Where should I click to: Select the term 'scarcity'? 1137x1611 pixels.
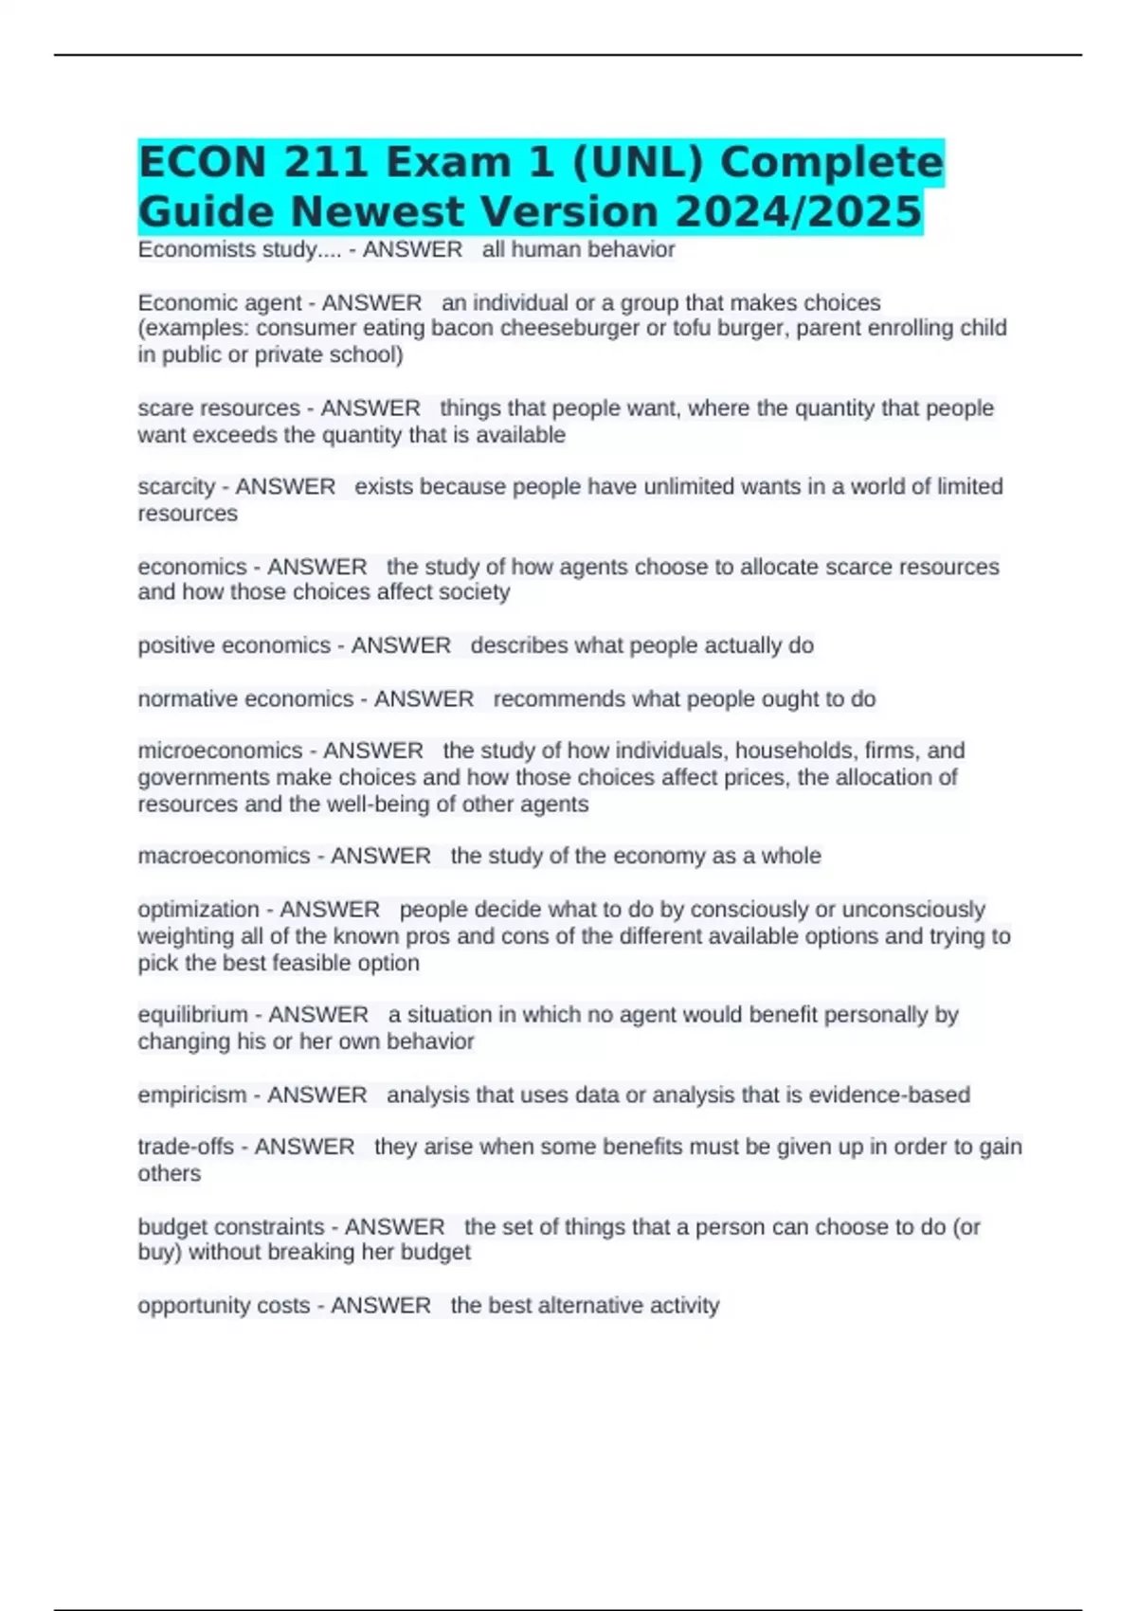[x=176, y=487]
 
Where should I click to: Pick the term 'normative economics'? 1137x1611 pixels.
[x=245, y=699]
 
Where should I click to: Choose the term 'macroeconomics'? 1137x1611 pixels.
[x=224, y=857]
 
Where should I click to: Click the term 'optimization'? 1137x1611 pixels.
[x=198, y=910]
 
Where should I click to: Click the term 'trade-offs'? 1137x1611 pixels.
[x=186, y=1147]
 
